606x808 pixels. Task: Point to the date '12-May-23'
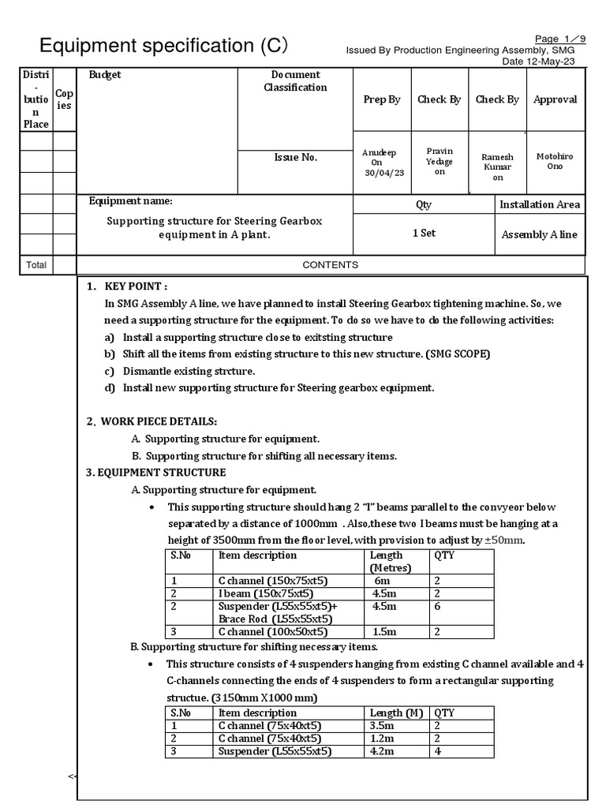coord(552,62)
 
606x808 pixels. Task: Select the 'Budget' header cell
coord(105,76)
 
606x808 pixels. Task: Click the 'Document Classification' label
coord(295,81)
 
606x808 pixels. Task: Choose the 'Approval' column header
coord(555,99)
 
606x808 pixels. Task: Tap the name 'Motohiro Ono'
coord(555,162)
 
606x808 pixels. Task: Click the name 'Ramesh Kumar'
coord(498,167)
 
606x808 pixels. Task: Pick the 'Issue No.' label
coord(295,158)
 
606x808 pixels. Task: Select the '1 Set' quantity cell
coord(424,234)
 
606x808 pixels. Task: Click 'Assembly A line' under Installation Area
coord(540,234)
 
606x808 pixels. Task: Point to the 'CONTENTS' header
coord(331,265)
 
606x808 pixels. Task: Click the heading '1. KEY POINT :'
coord(127,286)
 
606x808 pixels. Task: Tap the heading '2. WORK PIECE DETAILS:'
coord(151,421)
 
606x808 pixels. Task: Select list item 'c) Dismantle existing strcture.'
coord(189,371)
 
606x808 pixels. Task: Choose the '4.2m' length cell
coord(386,751)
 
